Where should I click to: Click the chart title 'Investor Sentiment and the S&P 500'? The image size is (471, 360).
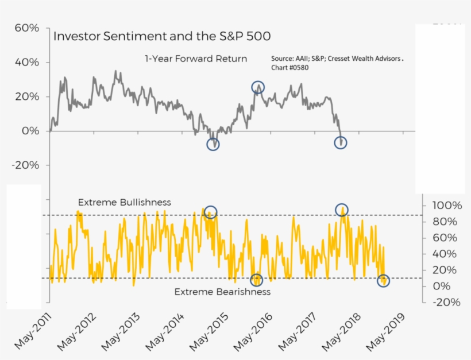162,36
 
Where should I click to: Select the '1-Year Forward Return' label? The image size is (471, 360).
195,59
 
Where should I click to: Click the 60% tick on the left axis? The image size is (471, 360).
26,28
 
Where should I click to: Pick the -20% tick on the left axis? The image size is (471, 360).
25,165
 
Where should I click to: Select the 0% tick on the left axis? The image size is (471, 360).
31,131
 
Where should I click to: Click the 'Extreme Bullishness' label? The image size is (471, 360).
124,202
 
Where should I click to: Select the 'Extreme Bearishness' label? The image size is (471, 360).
222,292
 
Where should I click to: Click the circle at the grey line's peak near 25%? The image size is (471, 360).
258,87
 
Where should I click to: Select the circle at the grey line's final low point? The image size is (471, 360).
341,142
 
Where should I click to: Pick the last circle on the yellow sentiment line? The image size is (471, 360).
383,281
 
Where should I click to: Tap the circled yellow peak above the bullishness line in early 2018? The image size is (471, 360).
342,210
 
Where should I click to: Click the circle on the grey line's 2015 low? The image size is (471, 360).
213,144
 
